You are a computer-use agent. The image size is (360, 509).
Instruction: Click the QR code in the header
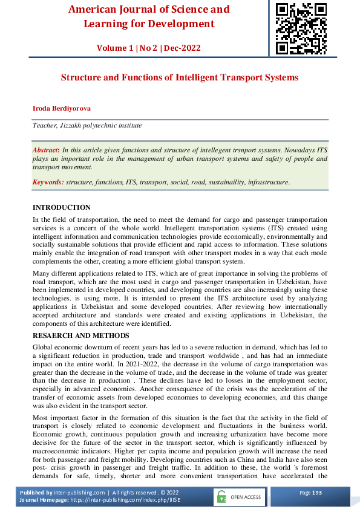(x=301, y=27)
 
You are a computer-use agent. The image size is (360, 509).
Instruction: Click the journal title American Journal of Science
(x=149, y=10)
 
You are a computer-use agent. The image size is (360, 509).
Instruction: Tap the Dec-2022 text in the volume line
(x=182, y=48)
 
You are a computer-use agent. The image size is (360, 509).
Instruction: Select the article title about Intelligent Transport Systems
(x=180, y=78)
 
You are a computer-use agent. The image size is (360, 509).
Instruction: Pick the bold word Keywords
(x=48, y=181)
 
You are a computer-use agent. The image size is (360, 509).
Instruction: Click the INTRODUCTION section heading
(x=61, y=207)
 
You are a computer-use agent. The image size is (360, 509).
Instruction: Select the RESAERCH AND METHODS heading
(x=80, y=336)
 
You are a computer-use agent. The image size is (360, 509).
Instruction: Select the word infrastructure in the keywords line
(x=267, y=181)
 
